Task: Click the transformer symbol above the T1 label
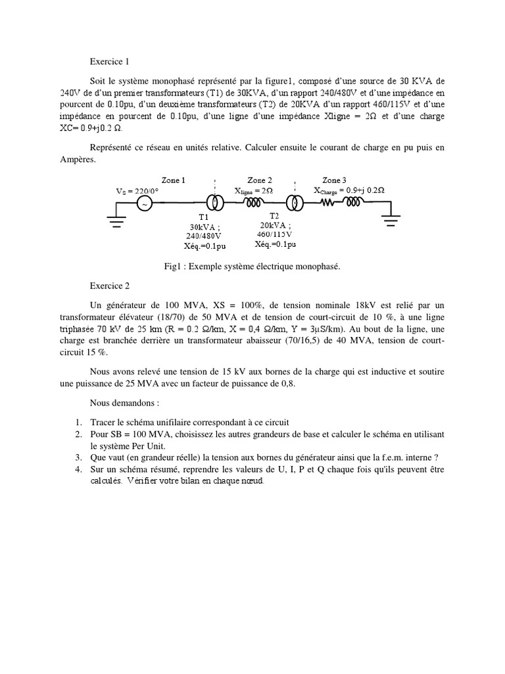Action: tap(214, 204)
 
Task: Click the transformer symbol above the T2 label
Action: tap(295, 204)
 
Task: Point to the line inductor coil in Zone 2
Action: tap(255, 203)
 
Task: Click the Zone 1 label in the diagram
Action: tap(174, 180)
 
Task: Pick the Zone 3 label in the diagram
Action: tap(334, 180)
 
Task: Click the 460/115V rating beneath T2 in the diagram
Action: tap(275, 234)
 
